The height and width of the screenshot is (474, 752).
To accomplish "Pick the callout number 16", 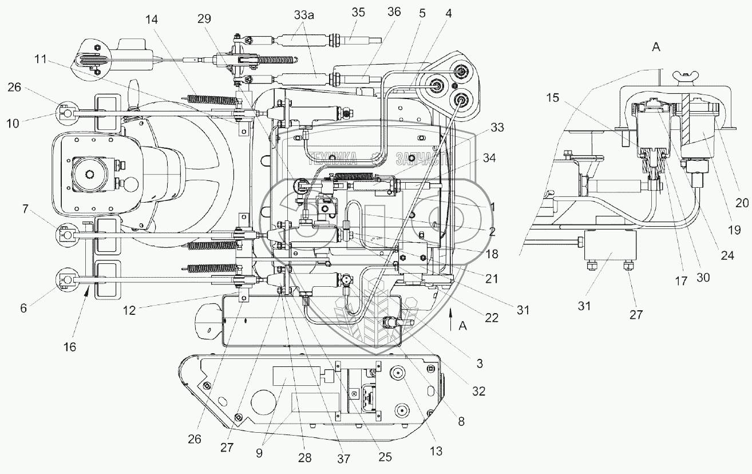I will (x=69, y=346).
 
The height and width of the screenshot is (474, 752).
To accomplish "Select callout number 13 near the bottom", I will (x=437, y=451).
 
